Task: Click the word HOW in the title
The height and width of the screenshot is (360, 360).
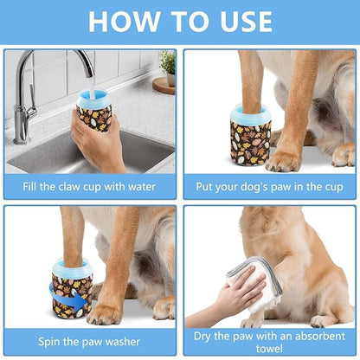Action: pos(124,21)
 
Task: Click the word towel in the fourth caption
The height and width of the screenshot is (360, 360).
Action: pos(270,347)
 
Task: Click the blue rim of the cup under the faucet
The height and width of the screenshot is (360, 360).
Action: pos(91,95)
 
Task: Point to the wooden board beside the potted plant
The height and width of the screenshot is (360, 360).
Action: pos(164,85)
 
